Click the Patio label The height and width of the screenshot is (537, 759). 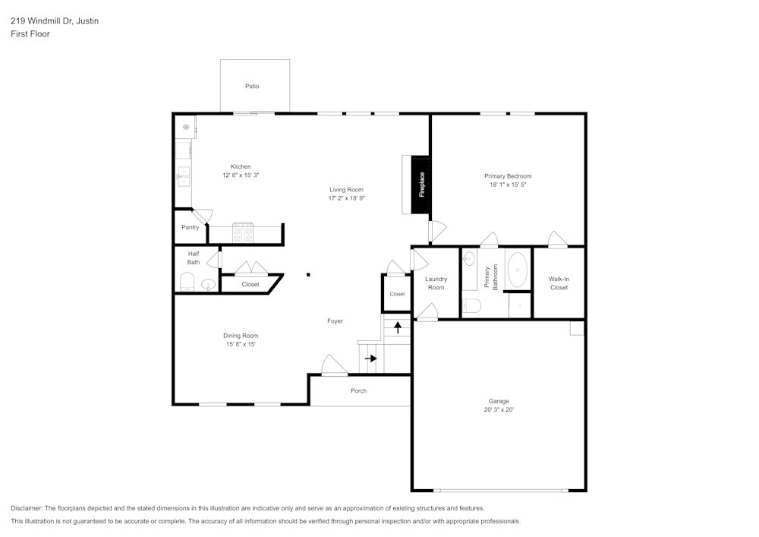tap(252, 87)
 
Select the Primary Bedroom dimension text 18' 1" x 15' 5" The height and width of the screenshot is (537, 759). tap(508, 185)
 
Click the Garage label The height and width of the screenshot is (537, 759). tap(499, 401)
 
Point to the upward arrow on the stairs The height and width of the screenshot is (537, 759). tap(398, 328)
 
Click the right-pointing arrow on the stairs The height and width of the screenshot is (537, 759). tap(370, 358)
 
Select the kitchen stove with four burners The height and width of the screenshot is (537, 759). tap(243, 232)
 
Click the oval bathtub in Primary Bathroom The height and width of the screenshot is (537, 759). tap(518, 268)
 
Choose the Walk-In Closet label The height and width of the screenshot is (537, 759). tap(559, 283)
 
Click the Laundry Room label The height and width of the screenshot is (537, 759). tap(436, 283)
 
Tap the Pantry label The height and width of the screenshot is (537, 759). tap(190, 227)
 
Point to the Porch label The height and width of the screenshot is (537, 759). tap(358, 391)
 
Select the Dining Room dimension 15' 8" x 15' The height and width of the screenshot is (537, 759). tap(241, 344)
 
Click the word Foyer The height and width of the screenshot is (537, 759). tap(335, 321)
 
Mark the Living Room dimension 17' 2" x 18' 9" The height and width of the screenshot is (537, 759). tap(346, 198)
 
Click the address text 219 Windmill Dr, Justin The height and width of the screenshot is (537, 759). tap(55, 21)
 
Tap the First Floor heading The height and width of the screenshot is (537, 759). tap(30, 34)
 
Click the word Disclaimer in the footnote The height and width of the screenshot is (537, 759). tap(27, 508)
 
